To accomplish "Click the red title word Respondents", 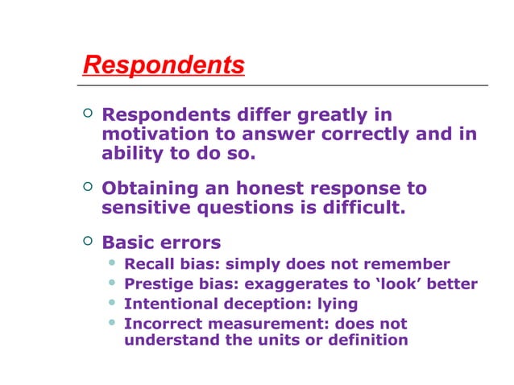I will pyautogui.click(x=164, y=65).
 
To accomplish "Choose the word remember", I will pyautogui.click(x=409, y=264).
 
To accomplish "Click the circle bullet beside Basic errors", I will pyautogui.click(x=88, y=241).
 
